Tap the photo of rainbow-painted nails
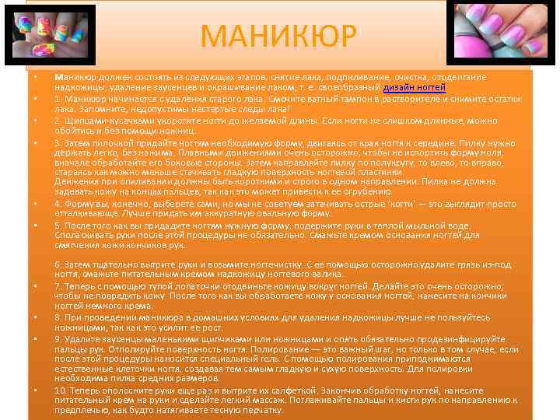click(49, 34)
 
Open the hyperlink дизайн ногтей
click(415, 88)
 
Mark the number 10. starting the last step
click(61, 390)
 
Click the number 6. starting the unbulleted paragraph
click(58, 264)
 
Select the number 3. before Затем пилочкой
click(58, 142)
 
